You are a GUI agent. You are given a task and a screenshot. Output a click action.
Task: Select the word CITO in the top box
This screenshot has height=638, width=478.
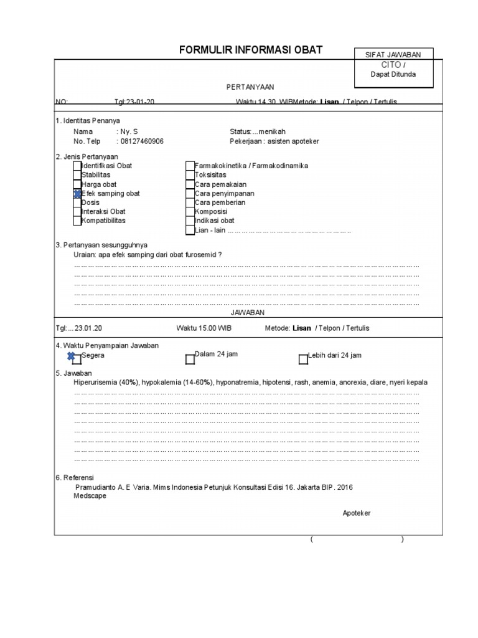point(391,65)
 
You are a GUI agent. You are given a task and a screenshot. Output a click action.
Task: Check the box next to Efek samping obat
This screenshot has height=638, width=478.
point(77,194)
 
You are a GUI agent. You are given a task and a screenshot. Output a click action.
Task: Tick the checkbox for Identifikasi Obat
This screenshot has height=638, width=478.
point(77,166)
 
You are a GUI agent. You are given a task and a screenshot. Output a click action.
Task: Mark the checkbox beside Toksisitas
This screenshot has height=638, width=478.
point(190,176)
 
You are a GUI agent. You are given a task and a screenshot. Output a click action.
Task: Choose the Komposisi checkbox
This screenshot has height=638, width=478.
point(190,212)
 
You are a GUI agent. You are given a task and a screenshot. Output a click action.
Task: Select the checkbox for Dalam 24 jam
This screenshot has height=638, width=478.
point(190,359)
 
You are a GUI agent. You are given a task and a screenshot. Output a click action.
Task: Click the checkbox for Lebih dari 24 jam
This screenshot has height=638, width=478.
point(303,359)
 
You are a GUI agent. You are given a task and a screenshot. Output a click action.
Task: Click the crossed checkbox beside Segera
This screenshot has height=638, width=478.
point(76,358)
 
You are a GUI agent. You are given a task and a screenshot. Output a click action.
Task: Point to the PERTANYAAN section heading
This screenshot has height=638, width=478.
point(250,87)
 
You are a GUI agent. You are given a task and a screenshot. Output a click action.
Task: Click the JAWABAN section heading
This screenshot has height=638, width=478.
point(248,312)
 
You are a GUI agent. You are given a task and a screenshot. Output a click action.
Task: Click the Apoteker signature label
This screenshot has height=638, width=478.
point(357,513)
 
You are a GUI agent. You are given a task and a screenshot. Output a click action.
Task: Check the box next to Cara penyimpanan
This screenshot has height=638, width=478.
point(190,194)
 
